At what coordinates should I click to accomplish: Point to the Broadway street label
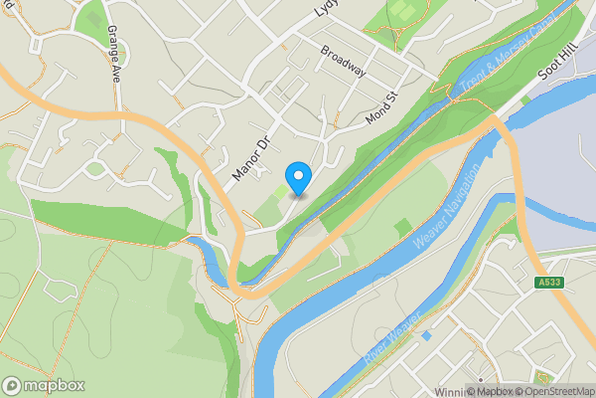point(344,61)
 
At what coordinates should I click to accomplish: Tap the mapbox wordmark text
point(55,386)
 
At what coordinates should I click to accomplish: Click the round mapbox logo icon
point(13,386)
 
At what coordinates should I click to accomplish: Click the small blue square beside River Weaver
point(425,335)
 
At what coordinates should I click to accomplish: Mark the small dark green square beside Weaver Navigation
point(402,229)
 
